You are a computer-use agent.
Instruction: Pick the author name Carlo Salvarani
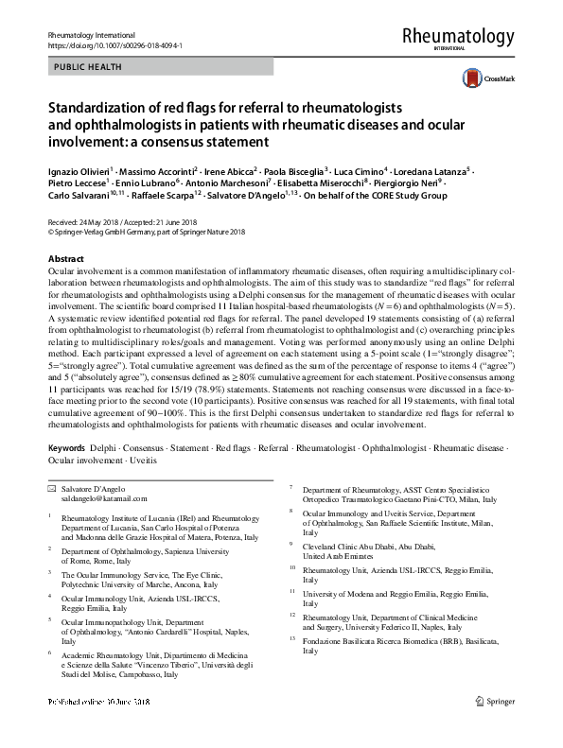(x=79, y=197)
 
